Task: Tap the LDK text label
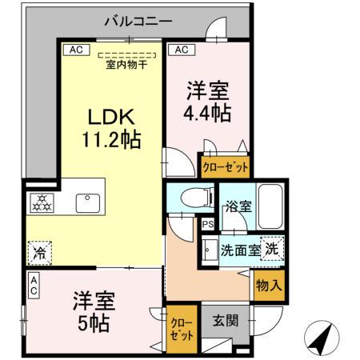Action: tap(110, 117)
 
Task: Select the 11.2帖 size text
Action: tap(110, 140)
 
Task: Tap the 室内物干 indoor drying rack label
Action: tap(126, 64)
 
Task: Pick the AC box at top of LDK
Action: tap(75, 50)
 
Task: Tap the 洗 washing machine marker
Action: tap(272, 249)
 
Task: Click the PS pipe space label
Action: tap(206, 225)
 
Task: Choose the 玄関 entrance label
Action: tap(225, 321)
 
